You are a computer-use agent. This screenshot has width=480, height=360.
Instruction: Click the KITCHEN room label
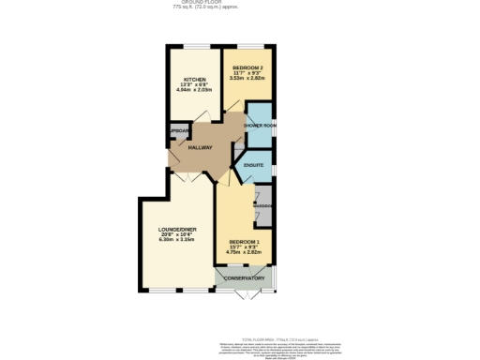pyautogui.click(x=194, y=80)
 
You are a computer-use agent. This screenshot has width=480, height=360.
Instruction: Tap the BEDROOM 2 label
pyautogui.click(x=247, y=68)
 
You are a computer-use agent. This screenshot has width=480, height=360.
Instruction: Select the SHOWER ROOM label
pyautogui.click(x=259, y=125)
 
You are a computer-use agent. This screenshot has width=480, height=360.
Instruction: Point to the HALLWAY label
pyautogui.click(x=201, y=148)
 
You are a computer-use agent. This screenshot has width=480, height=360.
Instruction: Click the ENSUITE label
pyautogui.click(x=253, y=165)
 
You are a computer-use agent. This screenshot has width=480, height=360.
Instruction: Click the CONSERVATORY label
pyautogui.click(x=244, y=278)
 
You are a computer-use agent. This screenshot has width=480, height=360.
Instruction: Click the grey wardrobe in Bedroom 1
pyautogui.click(x=264, y=206)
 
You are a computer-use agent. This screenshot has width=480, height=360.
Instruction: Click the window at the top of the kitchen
pyautogui.click(x=194, y=46)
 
